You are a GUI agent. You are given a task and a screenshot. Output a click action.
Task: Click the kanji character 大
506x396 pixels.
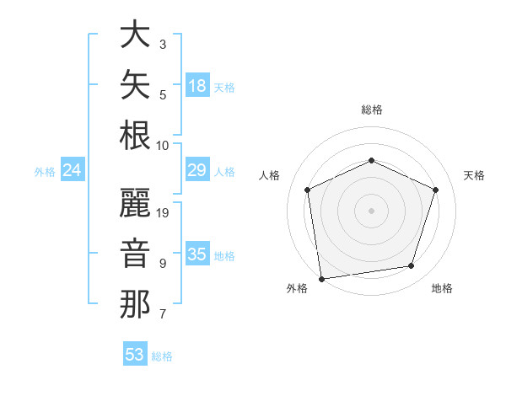[135, 34]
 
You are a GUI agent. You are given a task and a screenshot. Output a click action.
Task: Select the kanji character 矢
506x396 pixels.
[135, 84]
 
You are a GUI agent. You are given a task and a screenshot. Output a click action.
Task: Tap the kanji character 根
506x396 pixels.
[135, 135]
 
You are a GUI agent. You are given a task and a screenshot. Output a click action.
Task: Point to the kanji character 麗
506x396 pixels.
[135, 202]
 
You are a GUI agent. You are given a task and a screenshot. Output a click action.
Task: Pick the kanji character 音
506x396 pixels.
[135, 253]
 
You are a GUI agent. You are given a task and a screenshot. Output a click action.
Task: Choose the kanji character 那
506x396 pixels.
[135, 304]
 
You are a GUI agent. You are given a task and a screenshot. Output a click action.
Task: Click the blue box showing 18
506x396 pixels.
[197, 85]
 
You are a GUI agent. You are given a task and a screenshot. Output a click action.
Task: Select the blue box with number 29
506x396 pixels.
[197, 169]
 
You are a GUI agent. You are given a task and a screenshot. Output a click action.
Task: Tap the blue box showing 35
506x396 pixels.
[197, 253]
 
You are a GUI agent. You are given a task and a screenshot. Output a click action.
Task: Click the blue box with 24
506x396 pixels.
[73, 169]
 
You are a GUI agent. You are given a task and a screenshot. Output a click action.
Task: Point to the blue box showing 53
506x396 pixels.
[135, 353]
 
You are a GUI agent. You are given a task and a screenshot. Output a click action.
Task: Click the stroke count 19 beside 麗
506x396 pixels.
[162, 213]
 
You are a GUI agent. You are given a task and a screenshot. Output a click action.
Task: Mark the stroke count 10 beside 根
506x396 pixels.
[162, 146]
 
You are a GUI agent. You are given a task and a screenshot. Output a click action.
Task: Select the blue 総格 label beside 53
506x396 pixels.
[162, 356]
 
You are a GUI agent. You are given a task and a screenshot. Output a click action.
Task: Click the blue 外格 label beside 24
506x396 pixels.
[45, 172]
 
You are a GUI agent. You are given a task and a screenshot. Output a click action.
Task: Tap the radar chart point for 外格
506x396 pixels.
[321, 279]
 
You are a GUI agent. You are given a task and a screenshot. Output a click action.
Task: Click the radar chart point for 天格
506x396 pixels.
[435, 190]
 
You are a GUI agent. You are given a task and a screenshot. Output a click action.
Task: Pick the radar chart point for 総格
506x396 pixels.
[371, 160]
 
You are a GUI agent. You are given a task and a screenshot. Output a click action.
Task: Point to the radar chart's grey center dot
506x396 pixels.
[371, 211]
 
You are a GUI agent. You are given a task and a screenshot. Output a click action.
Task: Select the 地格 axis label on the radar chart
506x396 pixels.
[442, 288]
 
